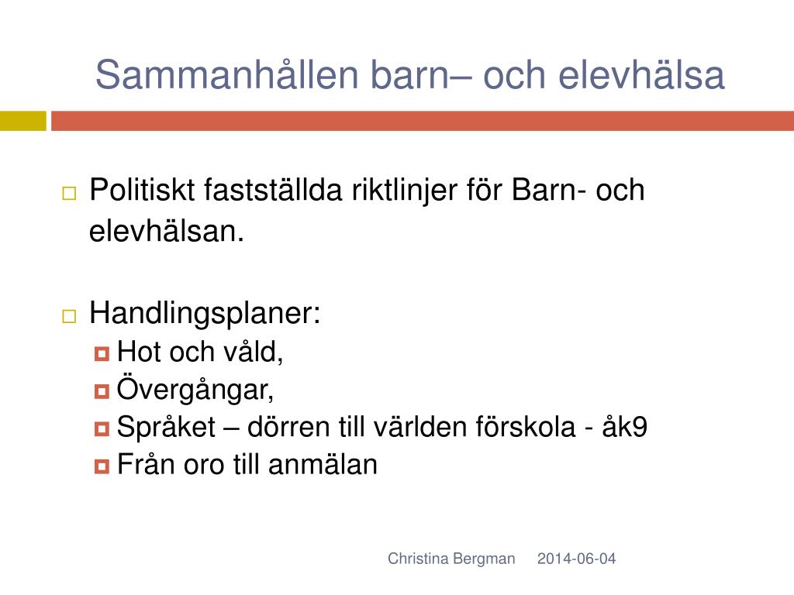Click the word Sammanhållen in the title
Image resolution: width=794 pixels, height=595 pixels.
coord(227,75)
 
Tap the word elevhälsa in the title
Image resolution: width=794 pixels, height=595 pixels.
coord(641,75)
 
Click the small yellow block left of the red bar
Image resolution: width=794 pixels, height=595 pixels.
coord(22,121)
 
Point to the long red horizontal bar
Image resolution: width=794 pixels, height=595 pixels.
coord(423,121)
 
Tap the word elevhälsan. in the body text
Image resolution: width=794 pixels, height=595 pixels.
coord(167,231)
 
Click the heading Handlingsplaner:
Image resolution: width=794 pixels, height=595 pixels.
coord(205,314)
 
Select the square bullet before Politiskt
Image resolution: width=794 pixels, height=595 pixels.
coord(69,193)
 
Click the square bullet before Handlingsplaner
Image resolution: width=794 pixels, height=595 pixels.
coord(69,316)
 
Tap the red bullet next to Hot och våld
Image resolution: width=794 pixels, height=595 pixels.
coord(102,353)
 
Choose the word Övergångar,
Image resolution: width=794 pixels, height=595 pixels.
coord(195,389)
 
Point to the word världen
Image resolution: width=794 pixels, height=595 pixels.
coord(419,427)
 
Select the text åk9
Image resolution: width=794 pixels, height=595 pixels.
coord(624,426)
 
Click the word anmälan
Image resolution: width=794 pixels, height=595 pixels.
coord(323,465)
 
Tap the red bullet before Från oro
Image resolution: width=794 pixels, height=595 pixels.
coord(102,466)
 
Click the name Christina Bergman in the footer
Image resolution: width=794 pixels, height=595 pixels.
coord(451,559)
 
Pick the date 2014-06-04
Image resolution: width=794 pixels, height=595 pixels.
coord(576,559)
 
